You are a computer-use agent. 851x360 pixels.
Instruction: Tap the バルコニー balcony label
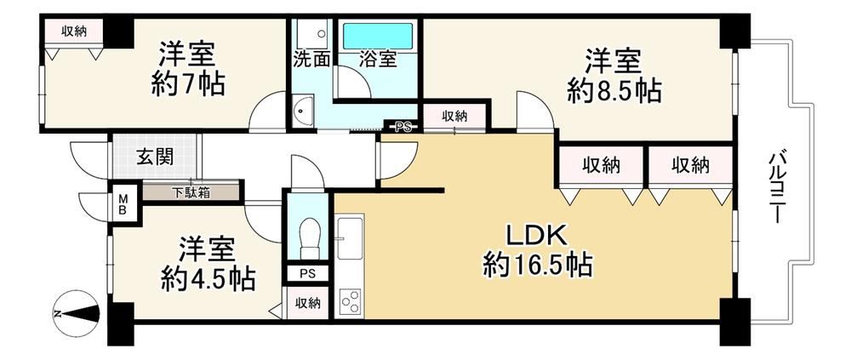point(775,186)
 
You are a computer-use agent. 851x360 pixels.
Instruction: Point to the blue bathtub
point(378,36)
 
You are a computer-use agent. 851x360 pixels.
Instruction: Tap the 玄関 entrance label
point(155,157)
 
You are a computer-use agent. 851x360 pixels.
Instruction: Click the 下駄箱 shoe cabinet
point(190,192)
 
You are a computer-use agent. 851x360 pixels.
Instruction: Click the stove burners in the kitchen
point(350,301)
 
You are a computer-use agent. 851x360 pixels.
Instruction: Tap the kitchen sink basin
point(350,238)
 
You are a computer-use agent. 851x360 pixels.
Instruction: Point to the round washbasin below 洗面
point(302,111)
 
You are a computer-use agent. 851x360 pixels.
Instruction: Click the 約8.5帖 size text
point(614,91)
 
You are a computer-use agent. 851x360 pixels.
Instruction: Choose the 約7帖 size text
point(188,85)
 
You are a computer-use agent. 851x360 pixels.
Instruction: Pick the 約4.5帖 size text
point(208,278)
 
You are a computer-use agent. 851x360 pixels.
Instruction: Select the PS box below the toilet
point(307,274)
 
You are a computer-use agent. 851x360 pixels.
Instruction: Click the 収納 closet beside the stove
point(308,303)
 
